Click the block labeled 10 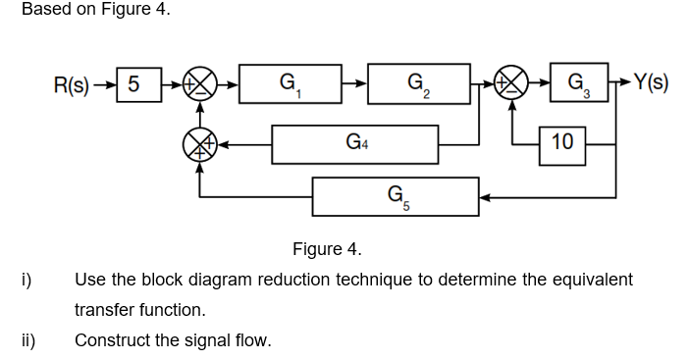tap(563, 143)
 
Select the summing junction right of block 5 tap(200, 85)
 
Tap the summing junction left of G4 tap(200, 145)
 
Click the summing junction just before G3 tap(513, 85)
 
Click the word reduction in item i tap(291, 280)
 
